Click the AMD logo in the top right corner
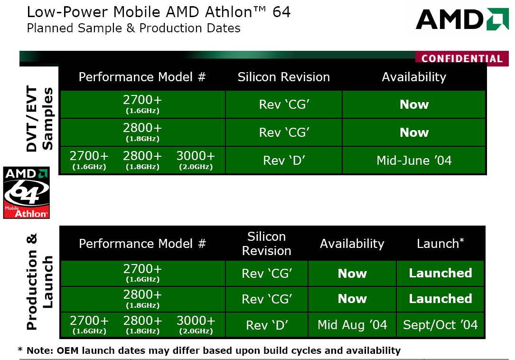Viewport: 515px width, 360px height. (462, 19)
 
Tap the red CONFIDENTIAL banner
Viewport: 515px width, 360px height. (462, 58)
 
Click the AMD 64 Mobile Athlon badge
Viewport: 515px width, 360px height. (26, 193)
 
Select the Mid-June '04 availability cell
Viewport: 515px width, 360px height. (414, 161)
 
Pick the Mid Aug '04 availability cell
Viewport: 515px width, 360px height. (352, 325)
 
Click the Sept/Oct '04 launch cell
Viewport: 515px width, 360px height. (440, 325)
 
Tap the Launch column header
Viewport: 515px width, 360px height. (440, 244)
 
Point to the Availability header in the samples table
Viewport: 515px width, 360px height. (414, 77)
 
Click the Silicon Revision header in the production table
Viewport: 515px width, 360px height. (266, 244)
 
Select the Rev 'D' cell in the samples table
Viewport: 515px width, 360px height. (284, 161)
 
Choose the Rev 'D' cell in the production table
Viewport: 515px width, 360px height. (267, 325)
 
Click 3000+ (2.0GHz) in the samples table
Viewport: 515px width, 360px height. (196, 160)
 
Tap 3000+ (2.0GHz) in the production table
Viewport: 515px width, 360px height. (196, 325)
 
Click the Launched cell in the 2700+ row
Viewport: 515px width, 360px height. (440, 273)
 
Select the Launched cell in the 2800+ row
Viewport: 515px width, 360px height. (440, 299)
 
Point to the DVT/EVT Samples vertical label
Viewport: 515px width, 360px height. (39, 119)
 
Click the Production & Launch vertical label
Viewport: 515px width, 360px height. (39, 282)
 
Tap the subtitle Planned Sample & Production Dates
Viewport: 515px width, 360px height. (133, 28)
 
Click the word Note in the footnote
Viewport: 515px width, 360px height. (39, 351)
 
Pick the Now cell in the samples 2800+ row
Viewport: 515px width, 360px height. (414, 133)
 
